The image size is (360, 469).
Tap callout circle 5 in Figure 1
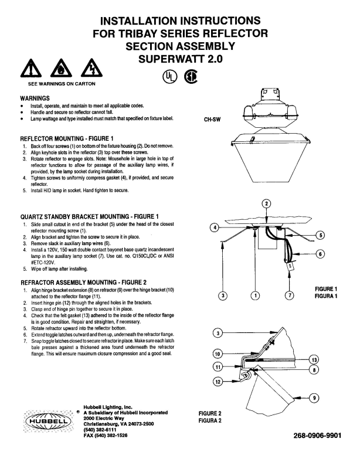tap(320, 235)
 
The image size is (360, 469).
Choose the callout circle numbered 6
tap(320, 254)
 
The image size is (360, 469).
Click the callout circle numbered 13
tap(314, 359)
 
